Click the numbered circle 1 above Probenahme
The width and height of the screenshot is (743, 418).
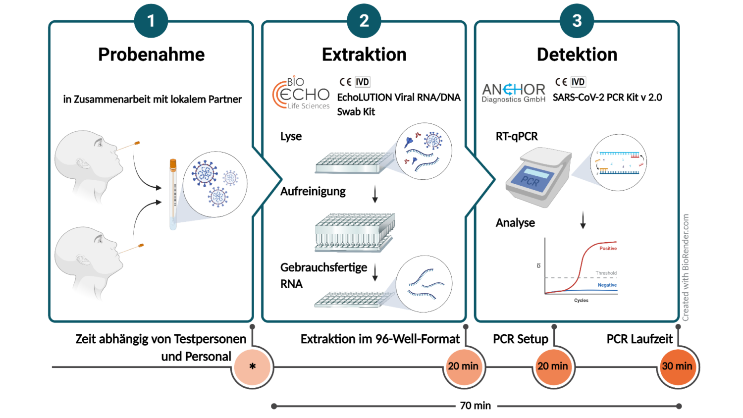[x=151, y=21]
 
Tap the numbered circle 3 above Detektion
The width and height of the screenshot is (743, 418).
[x=577, y=21]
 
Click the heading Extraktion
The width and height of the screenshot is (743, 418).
[x=364, y=54]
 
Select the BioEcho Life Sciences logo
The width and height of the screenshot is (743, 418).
[x=301, y=93]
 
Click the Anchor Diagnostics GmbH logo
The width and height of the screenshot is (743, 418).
[x=514, y=92]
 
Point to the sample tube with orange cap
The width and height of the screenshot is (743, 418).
[x=173, y=194]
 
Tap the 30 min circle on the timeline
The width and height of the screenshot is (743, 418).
[x=677, y=366]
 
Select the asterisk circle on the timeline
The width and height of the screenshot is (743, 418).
[x=253, y=367]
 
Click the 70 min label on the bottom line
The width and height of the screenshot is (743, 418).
[x=475, y=406]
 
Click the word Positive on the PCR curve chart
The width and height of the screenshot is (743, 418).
[x=608, y=249]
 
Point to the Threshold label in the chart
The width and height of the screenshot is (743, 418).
[x=606, y=273]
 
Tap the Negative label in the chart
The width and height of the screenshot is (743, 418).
[x=607, y=285]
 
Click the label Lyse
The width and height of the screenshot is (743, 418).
[x=291, y=137]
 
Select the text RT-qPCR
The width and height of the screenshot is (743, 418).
[x=517, y=137]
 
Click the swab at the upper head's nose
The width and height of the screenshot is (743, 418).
[x=129, y=146]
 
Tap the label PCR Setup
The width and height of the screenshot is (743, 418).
[x=521, y=339]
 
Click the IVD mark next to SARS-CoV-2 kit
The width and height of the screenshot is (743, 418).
[x=578, y=82]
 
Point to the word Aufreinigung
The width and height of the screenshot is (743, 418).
[x=313, y=192]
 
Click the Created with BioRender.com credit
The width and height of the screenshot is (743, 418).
[x=686, y=267]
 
